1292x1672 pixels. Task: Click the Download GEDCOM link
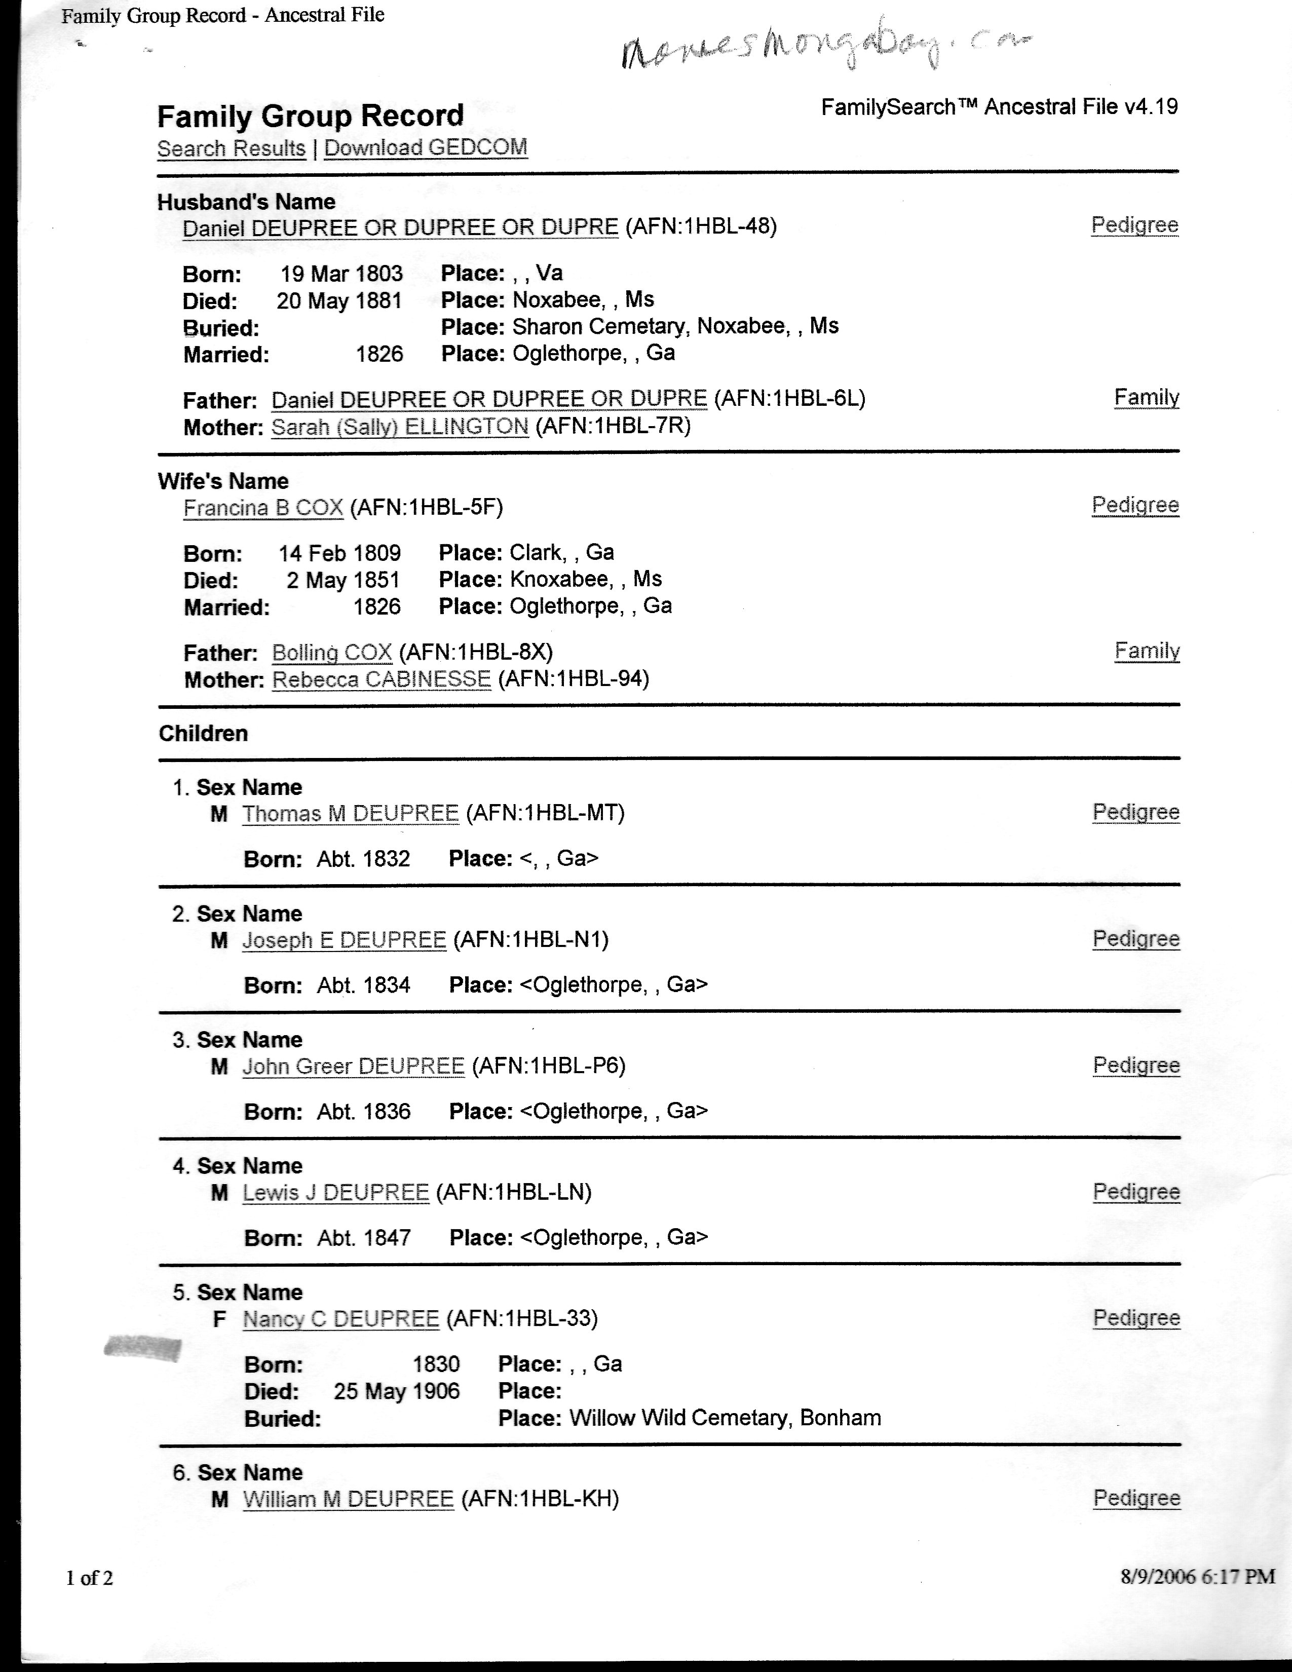click(426, 148)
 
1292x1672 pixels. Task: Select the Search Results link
click(231, 148)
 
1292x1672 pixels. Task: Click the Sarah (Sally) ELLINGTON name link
click(400, 427)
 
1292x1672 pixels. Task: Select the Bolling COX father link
click(331, 652)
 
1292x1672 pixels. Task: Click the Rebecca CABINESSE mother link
click(381, 679)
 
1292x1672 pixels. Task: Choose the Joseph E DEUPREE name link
click(344, 939)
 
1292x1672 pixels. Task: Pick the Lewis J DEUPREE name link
click(335, 1192)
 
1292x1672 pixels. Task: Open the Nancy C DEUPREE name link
click(340, 1318)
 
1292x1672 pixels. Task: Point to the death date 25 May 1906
click(397, 1391)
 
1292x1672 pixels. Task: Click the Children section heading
click(203, 734)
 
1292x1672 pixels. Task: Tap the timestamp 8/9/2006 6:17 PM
click(1197, 1576)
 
